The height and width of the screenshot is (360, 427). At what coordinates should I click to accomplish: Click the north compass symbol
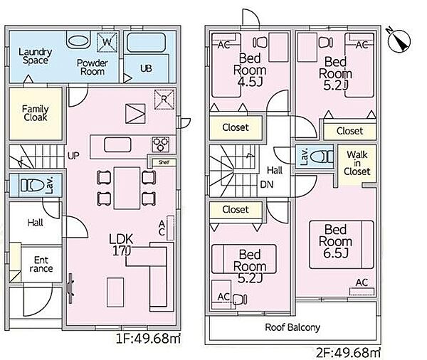click(399, 41)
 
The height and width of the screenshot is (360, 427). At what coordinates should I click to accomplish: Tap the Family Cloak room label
click(36, 113)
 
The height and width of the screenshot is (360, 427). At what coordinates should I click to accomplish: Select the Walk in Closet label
click(357, 163)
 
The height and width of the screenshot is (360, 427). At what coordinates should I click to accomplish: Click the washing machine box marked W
click(107, 42)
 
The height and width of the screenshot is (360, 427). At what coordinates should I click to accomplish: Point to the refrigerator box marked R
click(164, 100)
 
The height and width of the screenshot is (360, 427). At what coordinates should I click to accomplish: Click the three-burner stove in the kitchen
click(161, 144)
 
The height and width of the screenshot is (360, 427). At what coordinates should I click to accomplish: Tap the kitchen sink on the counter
click(117, 144)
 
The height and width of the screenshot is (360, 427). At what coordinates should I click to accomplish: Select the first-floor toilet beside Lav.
click(33, 186)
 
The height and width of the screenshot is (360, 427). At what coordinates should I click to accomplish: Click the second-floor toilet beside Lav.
click(322, 157)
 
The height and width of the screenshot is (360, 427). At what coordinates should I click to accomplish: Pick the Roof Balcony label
click(292, 327)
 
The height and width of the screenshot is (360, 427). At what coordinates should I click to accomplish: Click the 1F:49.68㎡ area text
click(148, 339)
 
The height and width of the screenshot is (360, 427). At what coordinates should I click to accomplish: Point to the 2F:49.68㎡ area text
click(348, 353)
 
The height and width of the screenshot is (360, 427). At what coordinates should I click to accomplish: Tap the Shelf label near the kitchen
click(164, 163)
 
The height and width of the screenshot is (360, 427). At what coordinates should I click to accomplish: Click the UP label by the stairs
click(73, 156)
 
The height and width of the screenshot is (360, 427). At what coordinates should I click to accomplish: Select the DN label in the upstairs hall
click(267, 185)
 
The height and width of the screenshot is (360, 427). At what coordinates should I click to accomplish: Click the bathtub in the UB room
click(146, 43)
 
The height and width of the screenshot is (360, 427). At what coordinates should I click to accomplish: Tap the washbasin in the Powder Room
click(78, 41)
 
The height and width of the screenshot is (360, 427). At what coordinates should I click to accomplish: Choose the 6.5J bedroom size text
click(335, 253)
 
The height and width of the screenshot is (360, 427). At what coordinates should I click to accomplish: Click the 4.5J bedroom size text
click(250, 82)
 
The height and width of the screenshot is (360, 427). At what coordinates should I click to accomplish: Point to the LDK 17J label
click(121, 245)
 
